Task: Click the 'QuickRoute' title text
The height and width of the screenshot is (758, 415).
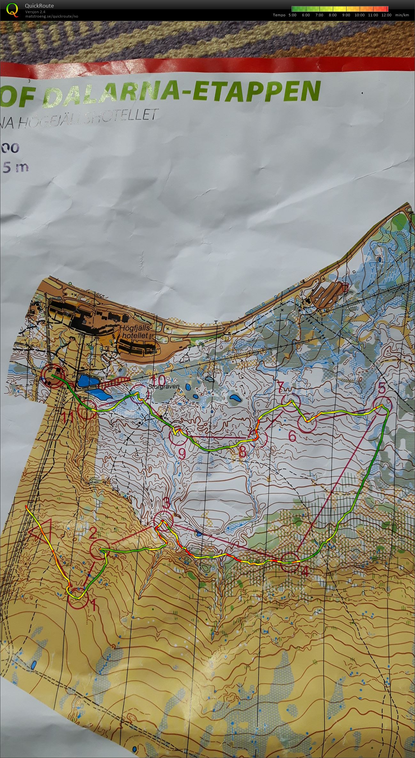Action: click(x=39, y=6)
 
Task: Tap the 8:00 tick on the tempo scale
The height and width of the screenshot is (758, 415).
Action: click(x=333, y=15)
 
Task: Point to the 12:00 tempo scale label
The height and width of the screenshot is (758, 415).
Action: click(x=386, y=15)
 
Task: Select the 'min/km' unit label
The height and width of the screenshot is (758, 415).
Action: click(x=402, y=15)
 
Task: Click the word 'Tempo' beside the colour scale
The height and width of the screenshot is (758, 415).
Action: click(x=279, y=15)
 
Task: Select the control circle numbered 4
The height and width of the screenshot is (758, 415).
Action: click(x=290, y=562)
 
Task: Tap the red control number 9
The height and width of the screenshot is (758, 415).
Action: click(x=182, y=453)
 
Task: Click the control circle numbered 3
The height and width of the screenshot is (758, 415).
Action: click(x=163, y=520)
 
